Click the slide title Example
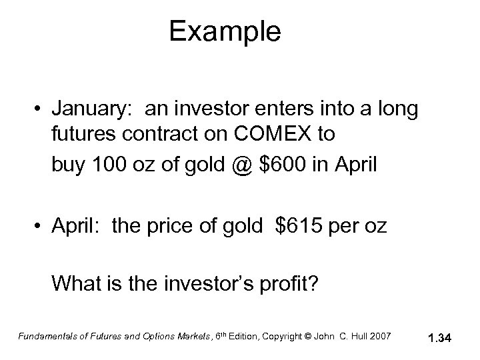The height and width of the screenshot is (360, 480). [x=225, y=31]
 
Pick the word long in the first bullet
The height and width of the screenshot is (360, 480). [x=400, y=109]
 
